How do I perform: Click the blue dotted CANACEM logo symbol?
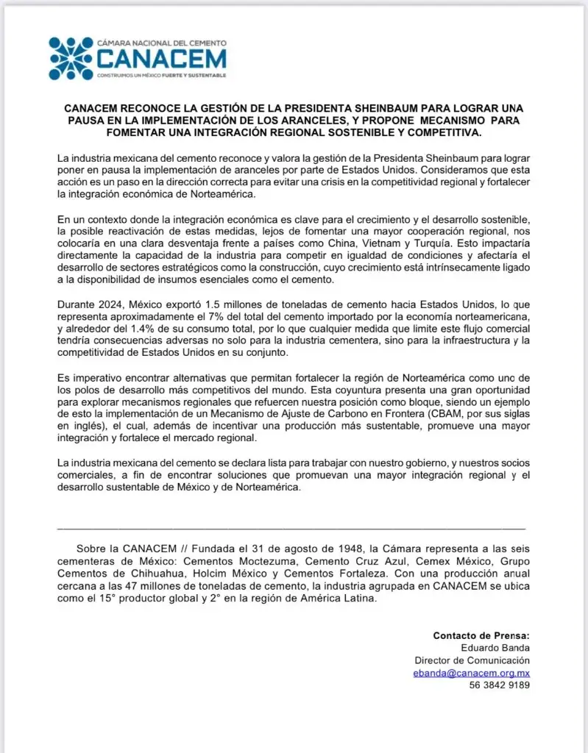coord(71,58)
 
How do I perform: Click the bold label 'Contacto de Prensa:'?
coord(481,636)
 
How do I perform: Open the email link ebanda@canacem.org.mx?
coord(472,673)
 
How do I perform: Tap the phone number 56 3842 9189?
coord(499,685)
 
